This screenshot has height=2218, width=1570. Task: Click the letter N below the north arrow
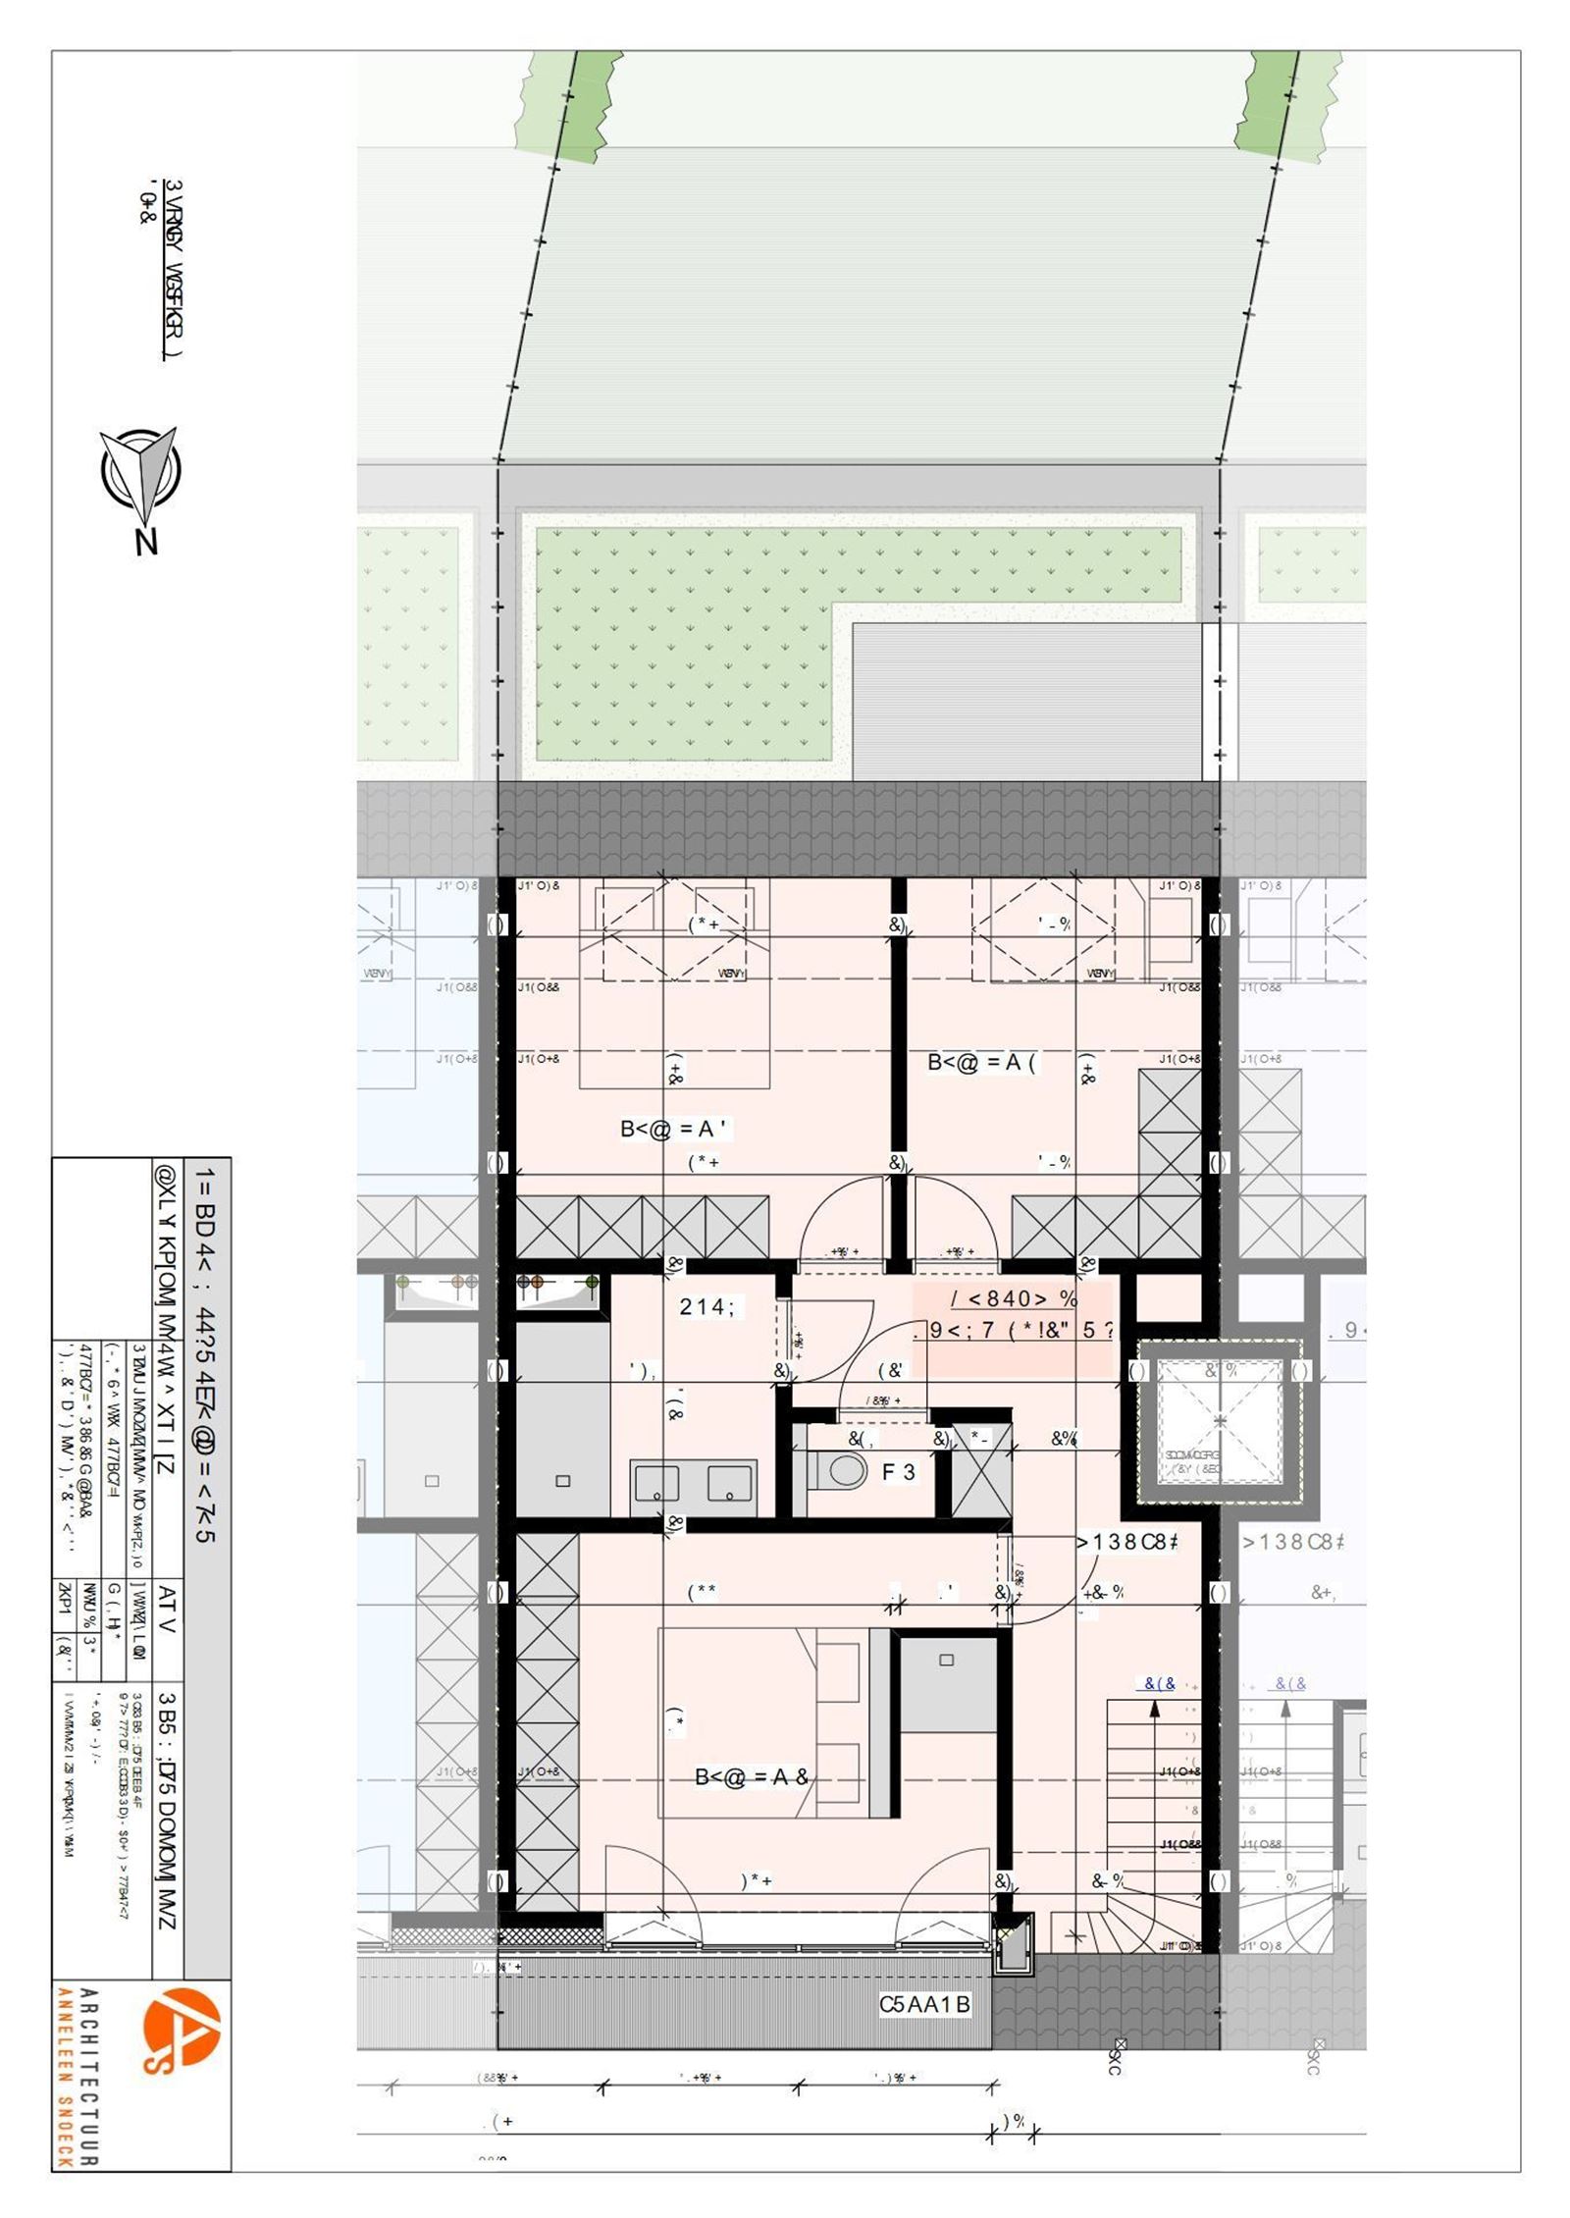point(146,541)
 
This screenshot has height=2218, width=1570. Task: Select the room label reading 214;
point(706,1306)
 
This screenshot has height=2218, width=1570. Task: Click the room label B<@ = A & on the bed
point(752,1776)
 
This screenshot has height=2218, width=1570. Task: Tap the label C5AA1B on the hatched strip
point(924,2004)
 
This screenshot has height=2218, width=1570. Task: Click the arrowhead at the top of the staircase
point(1155,1707)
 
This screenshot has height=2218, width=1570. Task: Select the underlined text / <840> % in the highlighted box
point(1015,1299)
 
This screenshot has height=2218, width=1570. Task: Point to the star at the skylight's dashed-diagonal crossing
point(1220,1420)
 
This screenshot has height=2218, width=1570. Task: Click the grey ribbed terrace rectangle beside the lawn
point(1026,702)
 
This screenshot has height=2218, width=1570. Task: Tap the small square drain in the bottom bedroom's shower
point(946,1660)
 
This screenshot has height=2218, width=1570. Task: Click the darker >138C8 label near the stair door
point(1126,1542)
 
